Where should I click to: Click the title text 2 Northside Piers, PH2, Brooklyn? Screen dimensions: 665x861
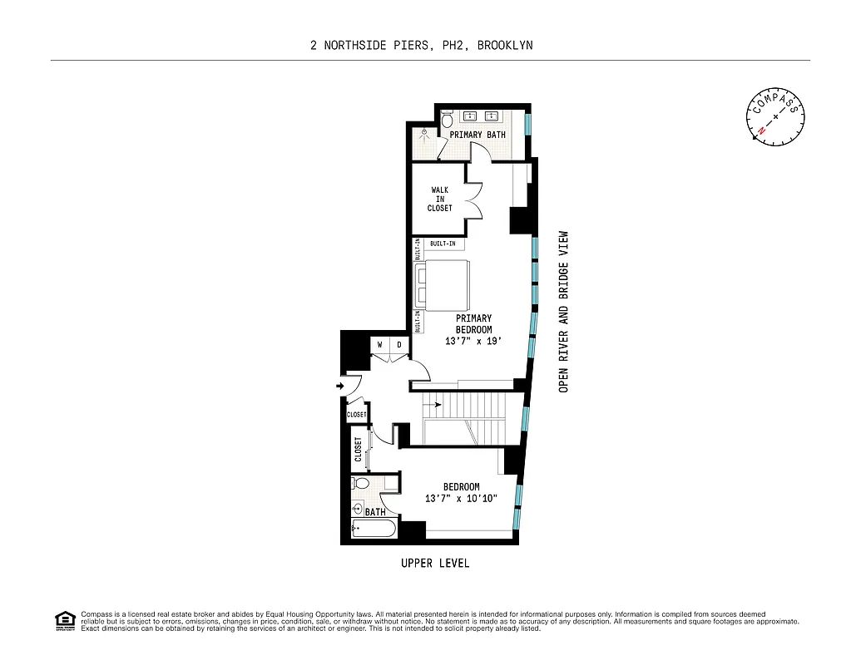click(x=422, y=46)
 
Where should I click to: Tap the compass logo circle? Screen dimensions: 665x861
click(x=776, y=116)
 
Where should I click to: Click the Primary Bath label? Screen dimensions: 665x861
click(x=478, y=135)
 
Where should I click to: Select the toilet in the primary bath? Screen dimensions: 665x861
click(x=447, y=121)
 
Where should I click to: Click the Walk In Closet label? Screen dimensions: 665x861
click(x=441, y=199)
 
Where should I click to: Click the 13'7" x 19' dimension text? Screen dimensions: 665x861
click(x=473, y=342)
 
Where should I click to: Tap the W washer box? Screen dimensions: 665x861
click(x=380, y=344)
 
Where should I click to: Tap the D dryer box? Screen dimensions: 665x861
click(x=398, y=344)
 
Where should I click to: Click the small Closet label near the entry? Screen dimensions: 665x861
click(x=357, y=414)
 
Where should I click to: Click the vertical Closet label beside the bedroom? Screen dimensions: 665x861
click(x=359, y=450)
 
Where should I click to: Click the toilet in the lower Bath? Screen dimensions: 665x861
click(x=362, y=483)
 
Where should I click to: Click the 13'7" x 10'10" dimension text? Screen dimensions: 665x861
click(x=460, y=499)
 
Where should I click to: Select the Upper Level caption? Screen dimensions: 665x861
click(x=435, y=564)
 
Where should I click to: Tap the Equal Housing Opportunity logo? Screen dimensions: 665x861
click(x=64, y=620)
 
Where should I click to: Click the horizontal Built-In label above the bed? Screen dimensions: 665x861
click(x=443, y=244)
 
